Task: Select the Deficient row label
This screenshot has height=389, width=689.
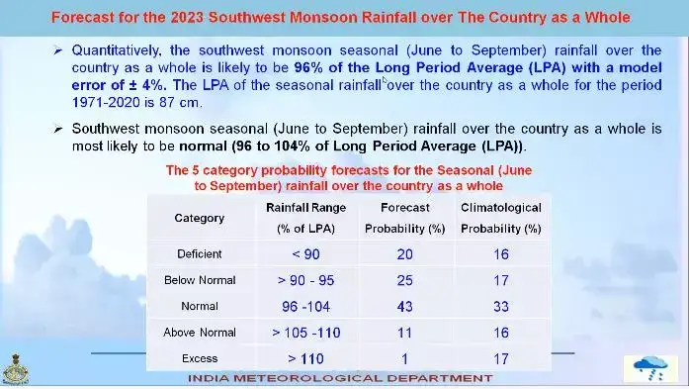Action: click(199, 254)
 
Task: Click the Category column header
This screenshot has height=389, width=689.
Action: click(199, 218)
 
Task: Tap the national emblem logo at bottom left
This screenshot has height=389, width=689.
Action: click(17, 367)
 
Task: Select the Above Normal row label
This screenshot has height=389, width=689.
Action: click(199, 333)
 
